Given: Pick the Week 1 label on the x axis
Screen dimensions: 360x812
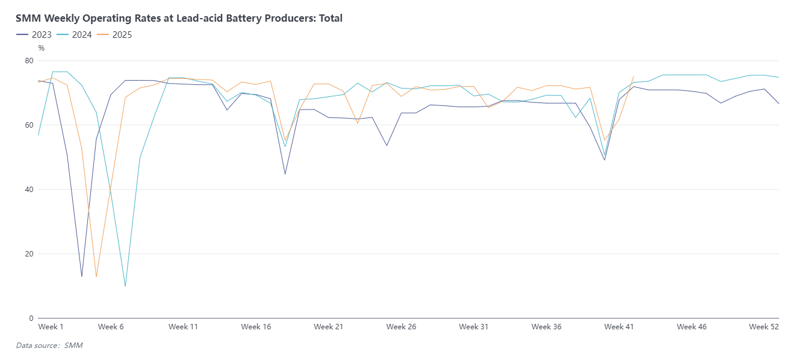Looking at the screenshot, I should (51, 327).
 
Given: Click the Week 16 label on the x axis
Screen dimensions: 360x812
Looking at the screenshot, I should (256, 327).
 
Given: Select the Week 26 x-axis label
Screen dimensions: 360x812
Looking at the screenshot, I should (401, 327).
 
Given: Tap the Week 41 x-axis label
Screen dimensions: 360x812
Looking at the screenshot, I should (619, 327).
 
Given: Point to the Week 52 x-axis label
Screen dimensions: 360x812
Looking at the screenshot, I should (764, 327).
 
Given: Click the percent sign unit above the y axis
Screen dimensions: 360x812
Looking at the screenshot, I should (41, 48).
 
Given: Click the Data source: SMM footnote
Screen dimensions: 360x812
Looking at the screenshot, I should (49, 346).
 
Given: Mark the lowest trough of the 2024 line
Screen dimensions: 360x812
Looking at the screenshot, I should (125, 286).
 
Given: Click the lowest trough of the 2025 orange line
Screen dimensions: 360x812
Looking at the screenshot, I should (96, 277).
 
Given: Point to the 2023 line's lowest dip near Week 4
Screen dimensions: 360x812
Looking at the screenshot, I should (82, 276).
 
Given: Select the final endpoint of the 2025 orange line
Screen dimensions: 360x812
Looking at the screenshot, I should (634, 76).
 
